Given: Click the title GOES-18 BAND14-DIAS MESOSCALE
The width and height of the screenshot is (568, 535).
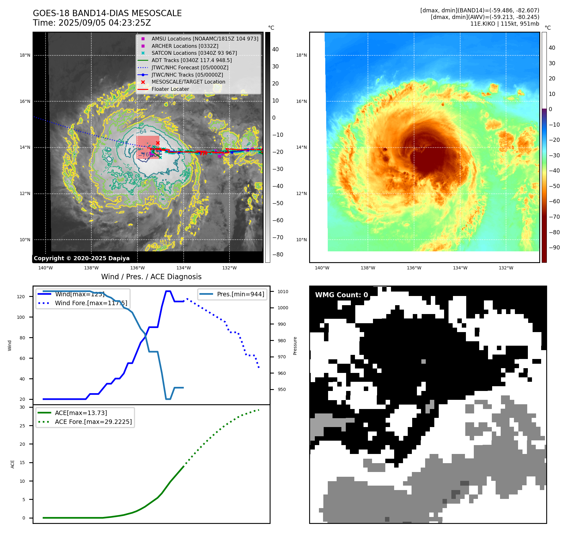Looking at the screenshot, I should (x=107, y=13).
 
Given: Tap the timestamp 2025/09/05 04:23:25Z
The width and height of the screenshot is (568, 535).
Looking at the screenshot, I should (x=104, y=23).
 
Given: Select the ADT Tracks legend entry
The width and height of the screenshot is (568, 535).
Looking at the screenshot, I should (x=192, y=60).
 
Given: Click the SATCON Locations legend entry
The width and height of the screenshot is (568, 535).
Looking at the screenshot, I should (x=194, y=53).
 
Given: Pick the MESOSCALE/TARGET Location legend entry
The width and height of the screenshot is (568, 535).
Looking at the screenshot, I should (x=188, y=82).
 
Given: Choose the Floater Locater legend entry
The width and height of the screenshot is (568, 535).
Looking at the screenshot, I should (x=170, y=89).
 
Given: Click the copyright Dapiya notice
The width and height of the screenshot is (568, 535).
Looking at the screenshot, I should (x=82, y=258).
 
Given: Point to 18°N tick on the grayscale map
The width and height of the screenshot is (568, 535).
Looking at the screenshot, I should (x=25, y=55).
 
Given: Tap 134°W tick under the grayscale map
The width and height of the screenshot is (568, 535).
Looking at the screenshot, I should (x=184, y=268).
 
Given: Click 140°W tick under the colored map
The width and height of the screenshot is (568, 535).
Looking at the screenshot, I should (x=322, y=268).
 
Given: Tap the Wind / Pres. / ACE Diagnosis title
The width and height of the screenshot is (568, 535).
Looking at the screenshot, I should (x=151, y=277).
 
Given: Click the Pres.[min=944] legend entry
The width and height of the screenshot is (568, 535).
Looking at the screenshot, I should (x=240, y=294).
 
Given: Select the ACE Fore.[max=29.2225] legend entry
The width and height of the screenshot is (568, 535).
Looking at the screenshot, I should (x=93, y=422).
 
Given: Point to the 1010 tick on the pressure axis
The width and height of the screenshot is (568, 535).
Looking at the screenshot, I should (x=283, y=292).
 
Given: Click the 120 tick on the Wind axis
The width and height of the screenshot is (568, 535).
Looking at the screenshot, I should (x=21, y=297).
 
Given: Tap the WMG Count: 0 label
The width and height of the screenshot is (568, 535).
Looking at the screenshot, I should (x=341, y=295).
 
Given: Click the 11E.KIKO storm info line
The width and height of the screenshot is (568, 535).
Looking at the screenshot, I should (x=504, y=24).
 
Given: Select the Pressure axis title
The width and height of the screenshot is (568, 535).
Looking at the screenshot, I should (x=295, y=346).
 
